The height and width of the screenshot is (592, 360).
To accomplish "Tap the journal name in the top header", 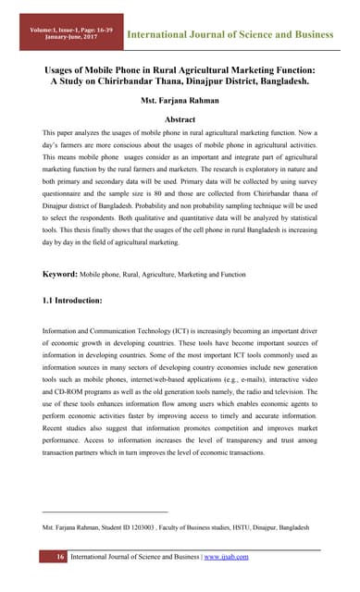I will pos(230,35).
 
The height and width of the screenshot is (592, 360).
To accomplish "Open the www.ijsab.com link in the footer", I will pos(225,556).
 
